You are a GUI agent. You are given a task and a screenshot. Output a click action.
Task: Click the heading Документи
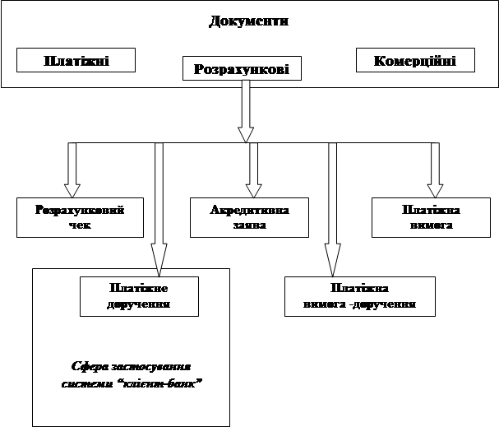(x=249, y=21)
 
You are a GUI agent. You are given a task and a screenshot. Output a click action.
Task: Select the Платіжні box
(x=76, y=61)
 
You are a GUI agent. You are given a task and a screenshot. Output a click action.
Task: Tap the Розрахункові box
(x=241, y=68)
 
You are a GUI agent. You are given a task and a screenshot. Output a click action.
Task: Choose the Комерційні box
(x=416, y=61)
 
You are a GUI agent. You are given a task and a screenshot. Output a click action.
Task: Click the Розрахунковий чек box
(x=80, y=217)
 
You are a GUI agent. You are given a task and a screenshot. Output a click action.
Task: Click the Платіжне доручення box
(x=138, y=296)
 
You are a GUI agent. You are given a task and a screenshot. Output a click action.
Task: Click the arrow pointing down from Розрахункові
(x=245, y=111)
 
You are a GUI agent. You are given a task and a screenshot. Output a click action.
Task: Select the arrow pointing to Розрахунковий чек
(x=72, y=170)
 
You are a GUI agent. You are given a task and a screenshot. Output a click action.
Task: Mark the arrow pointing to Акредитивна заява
(x=254, y=170)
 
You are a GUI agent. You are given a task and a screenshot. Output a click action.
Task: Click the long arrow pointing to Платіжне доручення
(x=159, y=206)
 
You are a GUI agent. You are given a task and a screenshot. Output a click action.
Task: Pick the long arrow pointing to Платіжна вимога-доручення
(x=332, y=210)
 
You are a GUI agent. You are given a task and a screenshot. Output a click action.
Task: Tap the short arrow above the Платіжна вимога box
(x=435, y=170)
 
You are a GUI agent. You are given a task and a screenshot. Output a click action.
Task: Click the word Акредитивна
(x=250, y=210)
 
